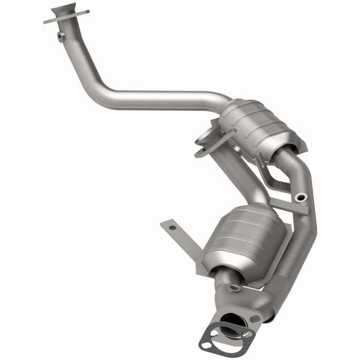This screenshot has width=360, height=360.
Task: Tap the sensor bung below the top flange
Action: (61, 36)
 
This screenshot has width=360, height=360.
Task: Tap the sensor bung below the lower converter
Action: (234, 288)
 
